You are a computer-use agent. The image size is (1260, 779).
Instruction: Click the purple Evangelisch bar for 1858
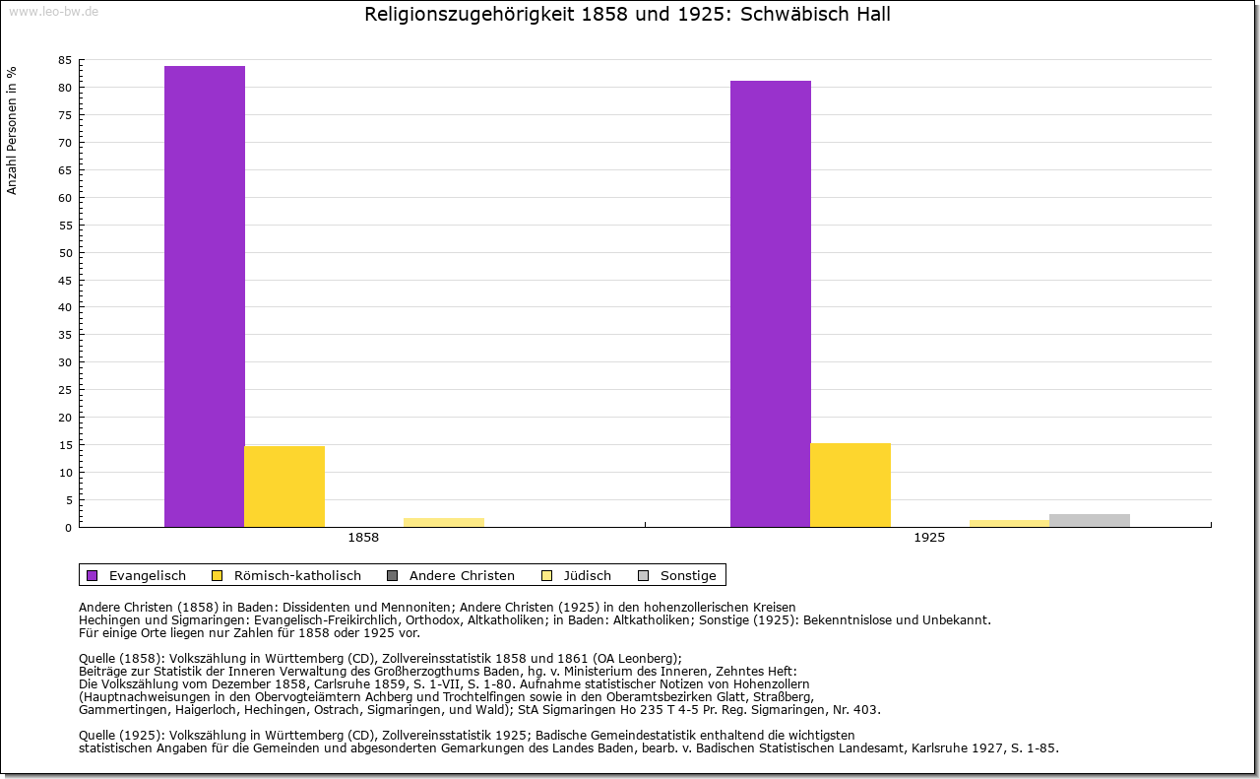[x=205, y=295]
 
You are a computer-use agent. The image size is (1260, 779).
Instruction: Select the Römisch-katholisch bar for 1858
[x=284, y=487]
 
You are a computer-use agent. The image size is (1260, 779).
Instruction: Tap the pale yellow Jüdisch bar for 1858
[x=444, y=522]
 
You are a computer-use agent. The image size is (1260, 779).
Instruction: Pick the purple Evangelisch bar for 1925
[x=771, y=303]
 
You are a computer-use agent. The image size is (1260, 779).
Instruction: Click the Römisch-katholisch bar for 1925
[x=850, y=485]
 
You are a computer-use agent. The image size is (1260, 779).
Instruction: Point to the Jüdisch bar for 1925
[x=1009, y=523]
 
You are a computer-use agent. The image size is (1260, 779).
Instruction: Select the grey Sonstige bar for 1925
[x=1090, y=520]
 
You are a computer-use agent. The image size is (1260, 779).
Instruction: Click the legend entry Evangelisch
[x=147, y=575]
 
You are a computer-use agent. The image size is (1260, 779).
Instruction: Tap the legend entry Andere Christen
[x=461, y=575]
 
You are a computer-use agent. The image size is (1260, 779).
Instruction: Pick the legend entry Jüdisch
[x=587, y=575]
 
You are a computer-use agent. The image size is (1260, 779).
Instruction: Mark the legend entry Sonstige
[x=687, y=575]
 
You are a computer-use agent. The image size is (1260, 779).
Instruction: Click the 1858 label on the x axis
[x=363, y=539]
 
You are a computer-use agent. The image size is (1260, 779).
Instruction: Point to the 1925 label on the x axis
[x=929, y=539]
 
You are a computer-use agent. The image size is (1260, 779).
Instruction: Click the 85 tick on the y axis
[x=65, y=60]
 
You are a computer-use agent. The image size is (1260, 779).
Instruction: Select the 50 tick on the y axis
[x=65, y=252]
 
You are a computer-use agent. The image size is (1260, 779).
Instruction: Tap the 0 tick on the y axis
[x=68, y=528]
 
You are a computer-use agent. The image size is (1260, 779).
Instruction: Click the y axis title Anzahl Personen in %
[x=12, y=130]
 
